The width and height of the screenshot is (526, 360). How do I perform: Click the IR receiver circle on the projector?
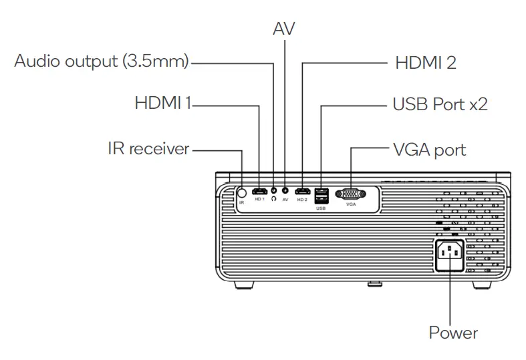(242, 191)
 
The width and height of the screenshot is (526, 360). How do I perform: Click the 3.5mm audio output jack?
(273, 190)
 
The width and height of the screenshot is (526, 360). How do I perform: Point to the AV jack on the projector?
(285, 190)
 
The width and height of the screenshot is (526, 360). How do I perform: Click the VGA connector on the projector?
(350, 193)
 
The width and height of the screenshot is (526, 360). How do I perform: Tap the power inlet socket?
(450, 254)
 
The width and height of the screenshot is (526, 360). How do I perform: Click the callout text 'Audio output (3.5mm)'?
(102, 63)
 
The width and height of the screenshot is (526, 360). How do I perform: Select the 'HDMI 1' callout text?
(163, 104)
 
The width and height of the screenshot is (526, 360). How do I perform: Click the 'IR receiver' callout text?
(148, 148)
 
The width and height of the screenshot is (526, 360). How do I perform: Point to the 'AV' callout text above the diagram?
(283, 29)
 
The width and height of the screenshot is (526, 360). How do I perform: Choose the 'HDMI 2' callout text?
(425, 63)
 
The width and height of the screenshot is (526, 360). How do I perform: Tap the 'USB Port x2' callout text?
(440, 106)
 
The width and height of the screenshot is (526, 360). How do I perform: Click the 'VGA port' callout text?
(429, 149)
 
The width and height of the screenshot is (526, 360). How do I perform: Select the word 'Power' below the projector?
(453, 332)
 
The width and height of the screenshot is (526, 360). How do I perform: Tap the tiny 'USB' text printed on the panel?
(319, 208)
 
